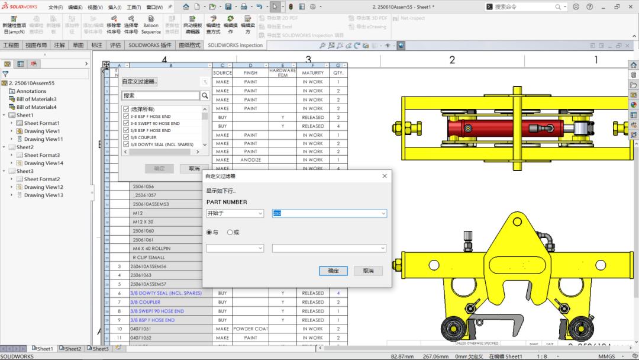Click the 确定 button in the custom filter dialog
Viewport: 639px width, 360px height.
click(x=333, y=271)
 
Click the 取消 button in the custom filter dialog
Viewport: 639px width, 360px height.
click(x=368, y=271)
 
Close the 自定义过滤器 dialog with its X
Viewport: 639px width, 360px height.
click(x=385, y=176)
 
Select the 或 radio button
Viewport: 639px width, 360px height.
click(x=230, y=232)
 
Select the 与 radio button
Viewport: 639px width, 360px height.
click(x=209, y=232)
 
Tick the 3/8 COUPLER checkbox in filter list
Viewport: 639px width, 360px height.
click(x=125, y=137)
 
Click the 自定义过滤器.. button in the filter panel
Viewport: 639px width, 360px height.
click(x=140, y=82)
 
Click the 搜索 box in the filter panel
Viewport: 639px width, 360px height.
click(x=160, y=95)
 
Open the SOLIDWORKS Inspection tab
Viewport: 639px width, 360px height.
click(x=235, y=45)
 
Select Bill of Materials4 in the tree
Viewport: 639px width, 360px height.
click(x=37, y=107)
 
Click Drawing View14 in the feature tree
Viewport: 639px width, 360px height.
click(x=43, y=163)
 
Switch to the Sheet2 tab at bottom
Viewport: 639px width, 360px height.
click(x=73, y=349)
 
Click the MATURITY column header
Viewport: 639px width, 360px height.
click(x=312, y=73)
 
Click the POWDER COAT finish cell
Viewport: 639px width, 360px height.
click(x=250, y=329)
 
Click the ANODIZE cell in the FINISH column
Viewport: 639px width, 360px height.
click(x=250, y=160)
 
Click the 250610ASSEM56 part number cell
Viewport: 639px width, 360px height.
click(x=149, y=266)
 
